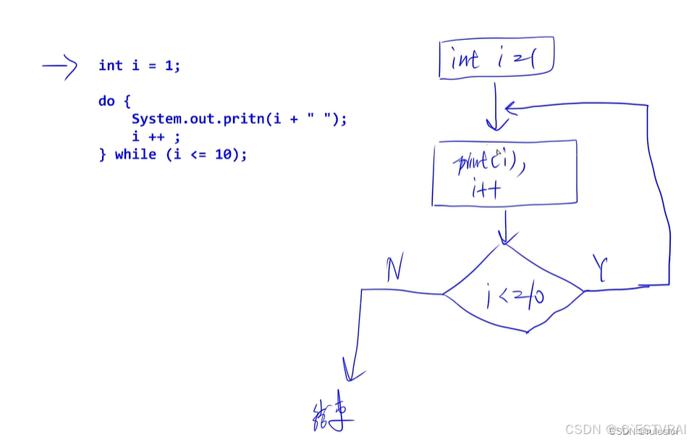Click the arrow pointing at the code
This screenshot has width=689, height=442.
(x=61, y=67)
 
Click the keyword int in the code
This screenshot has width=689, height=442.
(x=111, y=66)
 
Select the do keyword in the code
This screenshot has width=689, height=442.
(x=106, y=101)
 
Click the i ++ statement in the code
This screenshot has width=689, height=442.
(x=156, y=136)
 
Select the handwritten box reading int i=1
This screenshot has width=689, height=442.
(x=496, y=59)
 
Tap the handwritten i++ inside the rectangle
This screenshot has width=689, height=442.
(x=487, y=190)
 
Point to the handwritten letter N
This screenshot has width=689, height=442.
(x=394, y=270)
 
